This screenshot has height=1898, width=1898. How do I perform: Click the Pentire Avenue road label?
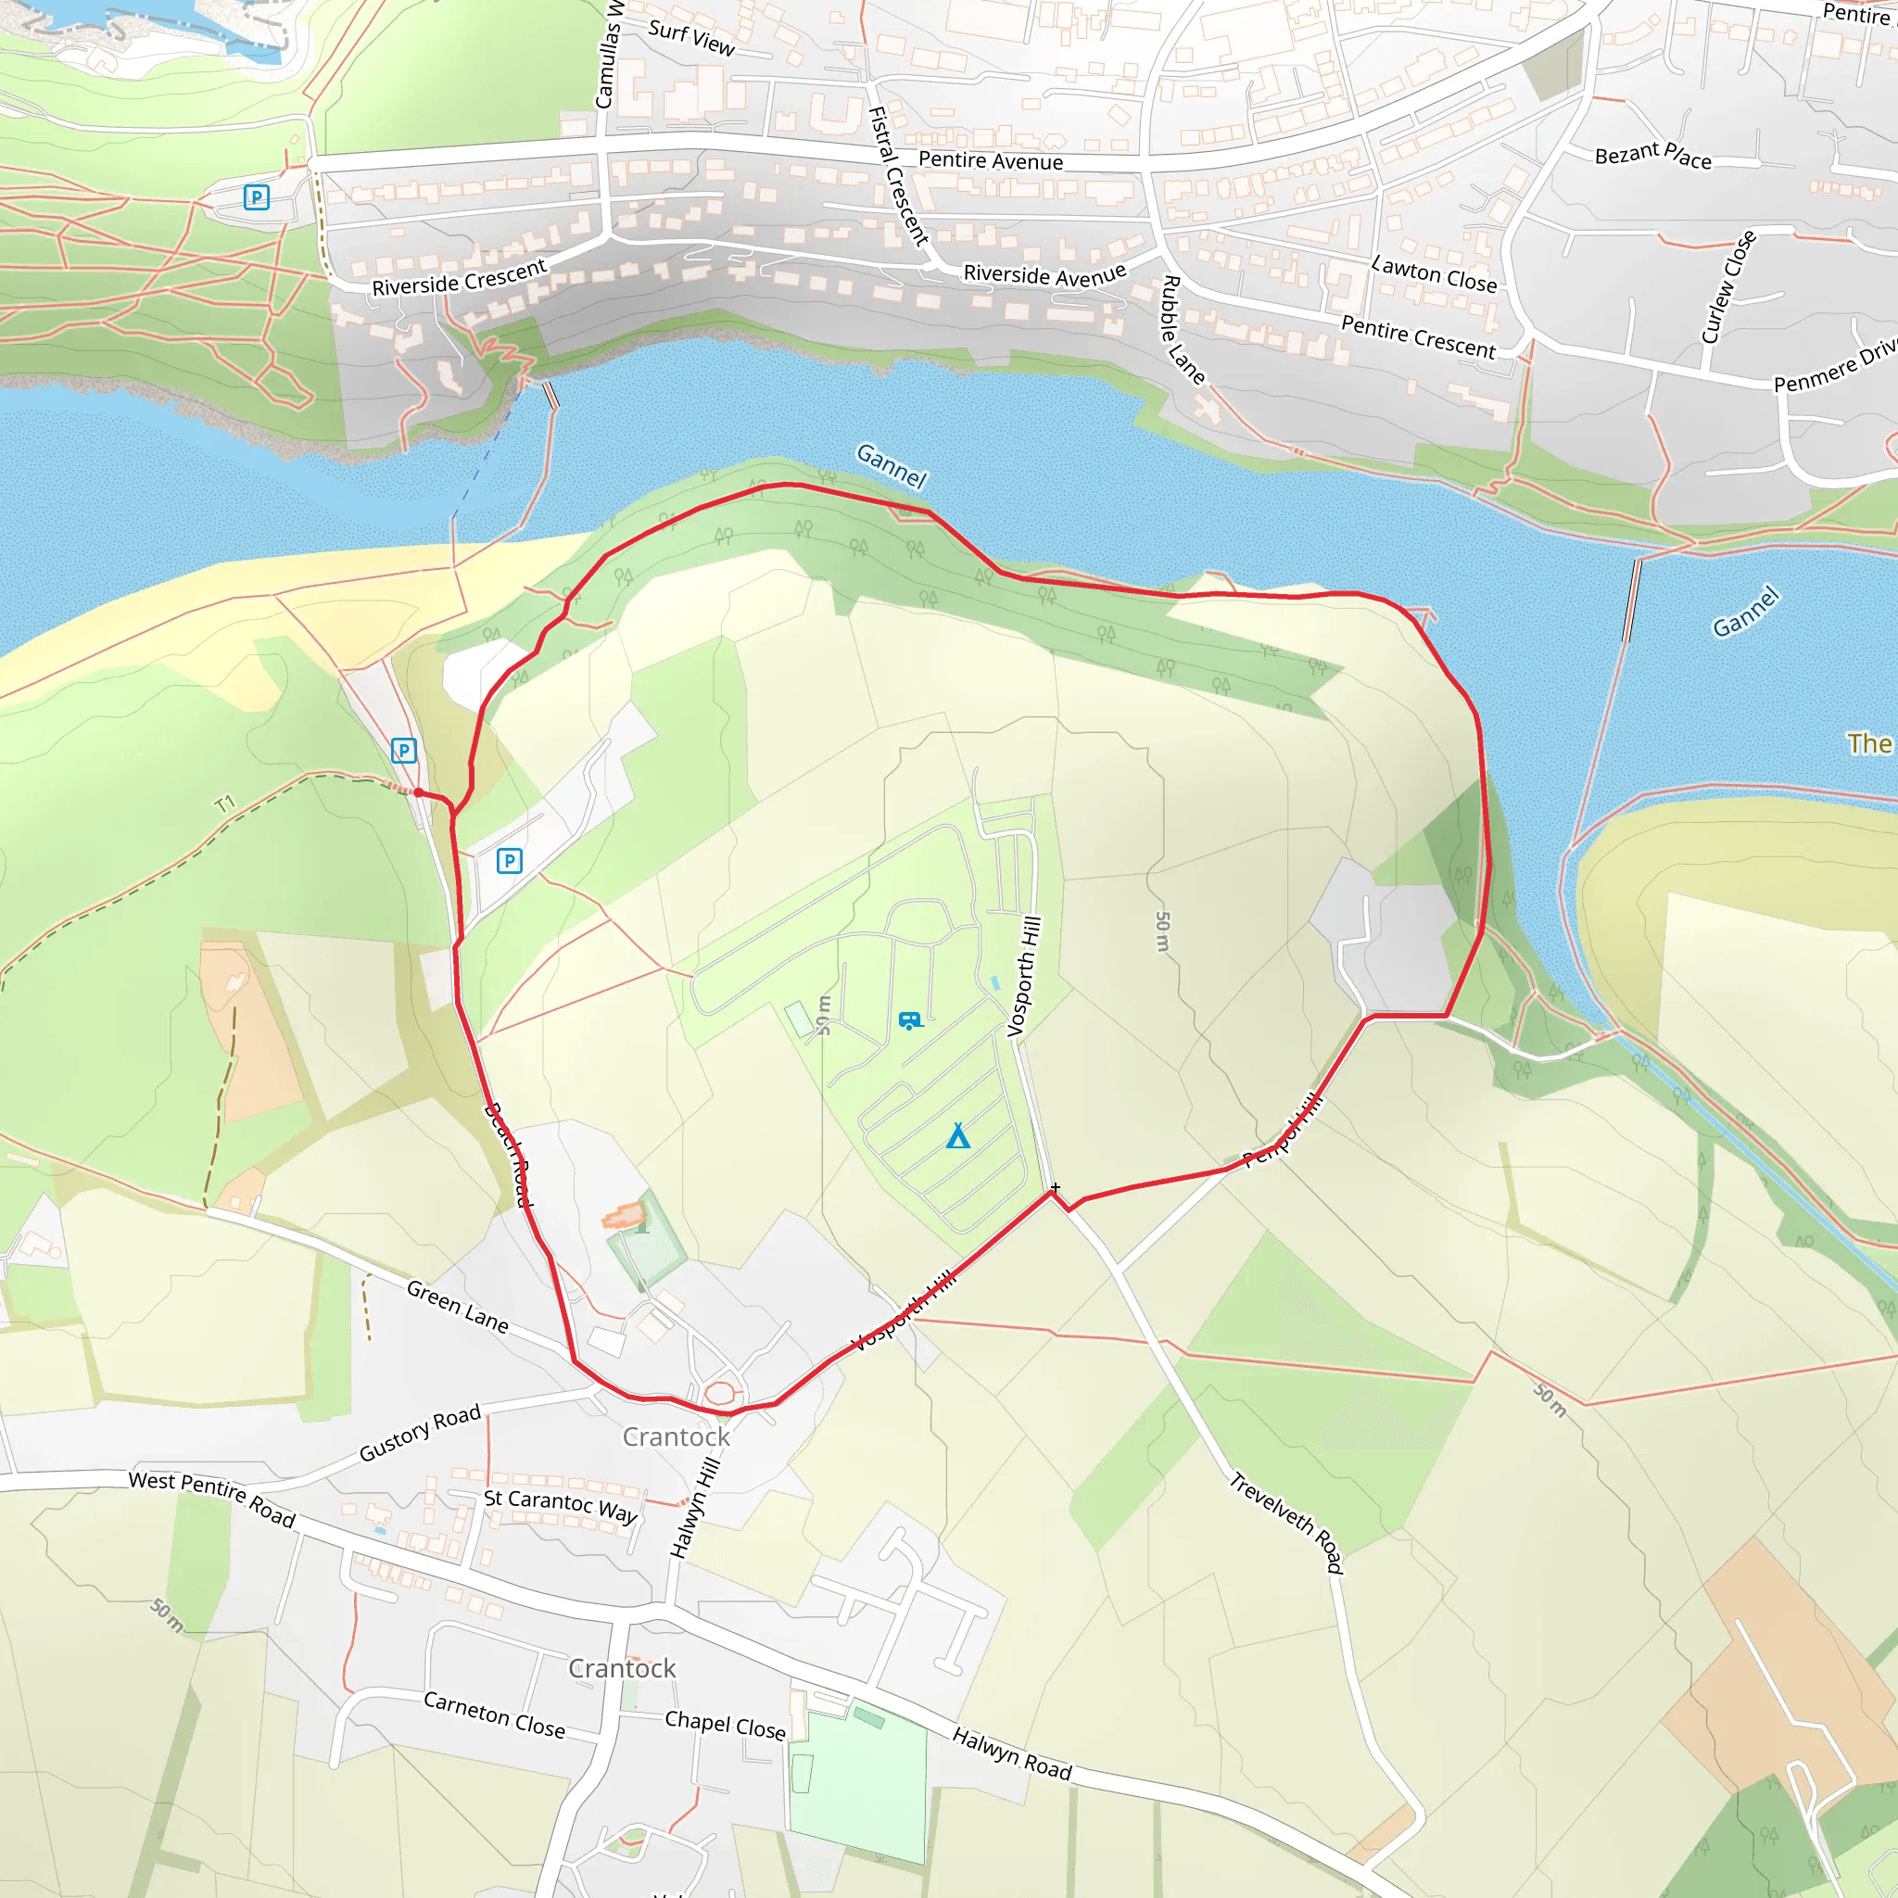991,161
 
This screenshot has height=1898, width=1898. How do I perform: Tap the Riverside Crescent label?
459,278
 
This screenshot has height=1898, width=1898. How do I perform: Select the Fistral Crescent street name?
898,175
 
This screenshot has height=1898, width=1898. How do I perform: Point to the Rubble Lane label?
1183,329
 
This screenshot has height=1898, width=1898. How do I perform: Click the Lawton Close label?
1434,274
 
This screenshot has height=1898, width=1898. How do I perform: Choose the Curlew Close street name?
1728,287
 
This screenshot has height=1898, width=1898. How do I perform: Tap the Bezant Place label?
1652,155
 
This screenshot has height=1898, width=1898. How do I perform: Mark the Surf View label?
690,37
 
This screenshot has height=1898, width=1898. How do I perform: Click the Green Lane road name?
458,1306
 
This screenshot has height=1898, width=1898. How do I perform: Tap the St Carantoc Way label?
560,1504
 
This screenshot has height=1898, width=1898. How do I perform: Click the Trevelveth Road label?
1286,1522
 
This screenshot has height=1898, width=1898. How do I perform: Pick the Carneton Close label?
494,1715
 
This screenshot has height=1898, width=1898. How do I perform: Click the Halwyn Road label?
1011,1753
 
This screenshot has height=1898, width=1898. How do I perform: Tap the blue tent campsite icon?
958,1136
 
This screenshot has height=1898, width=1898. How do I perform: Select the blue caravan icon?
911,1020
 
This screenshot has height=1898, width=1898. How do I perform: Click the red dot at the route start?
419,791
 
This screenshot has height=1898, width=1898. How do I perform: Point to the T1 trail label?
225,803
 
